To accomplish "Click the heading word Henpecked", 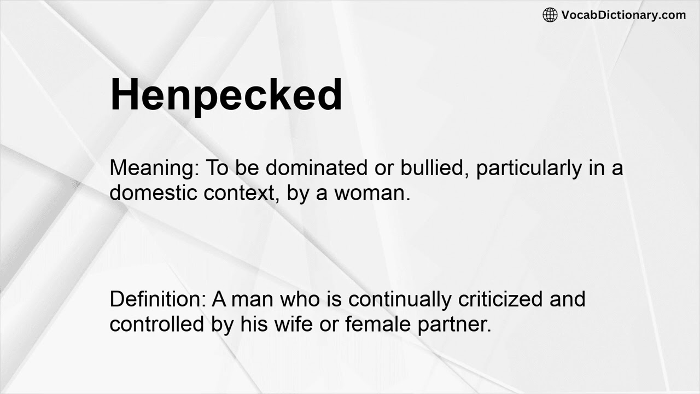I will [x=226, y=95].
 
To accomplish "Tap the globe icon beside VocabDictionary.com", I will [x=550, y=15].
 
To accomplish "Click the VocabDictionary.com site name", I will [x=623, y=15].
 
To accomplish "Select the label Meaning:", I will [x=155, y=169].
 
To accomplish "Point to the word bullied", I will [x=432, y=169].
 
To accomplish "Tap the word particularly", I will [x=529, y=169].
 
